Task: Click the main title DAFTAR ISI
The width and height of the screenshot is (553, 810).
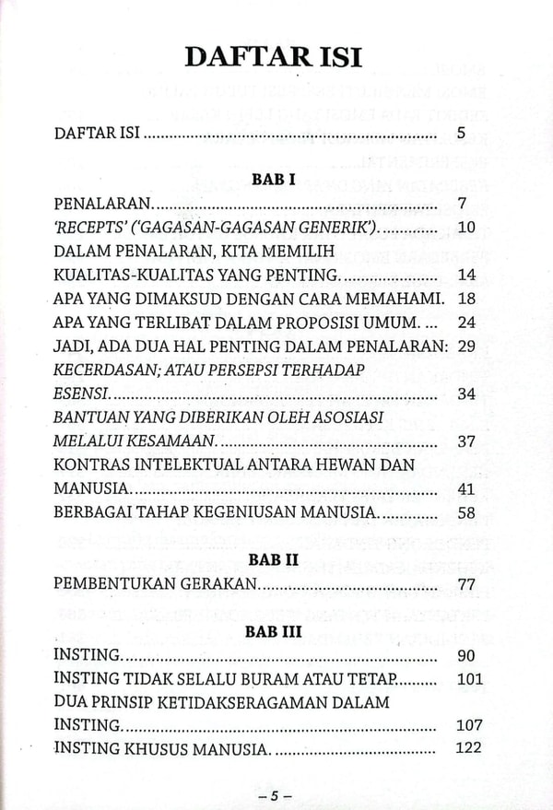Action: click(x=274, y=57)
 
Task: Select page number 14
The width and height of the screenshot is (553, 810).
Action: click(x=465, y=275)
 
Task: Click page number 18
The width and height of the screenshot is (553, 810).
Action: click(x=465, y=299)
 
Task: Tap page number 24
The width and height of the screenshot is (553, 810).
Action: click(x=465, y=323)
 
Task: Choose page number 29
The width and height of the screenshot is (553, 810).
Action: click(x=465, y=346)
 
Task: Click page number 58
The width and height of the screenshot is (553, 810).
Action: click(x=465, y=511)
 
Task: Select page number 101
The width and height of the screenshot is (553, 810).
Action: click(x=469, y=679)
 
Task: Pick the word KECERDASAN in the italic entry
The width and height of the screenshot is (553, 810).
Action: click(x=106, y=370)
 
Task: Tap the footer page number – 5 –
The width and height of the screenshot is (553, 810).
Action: click(x=274, y=794)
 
